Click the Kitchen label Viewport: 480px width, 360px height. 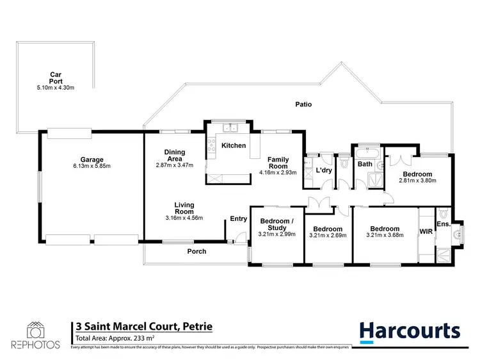[x=234, y=145]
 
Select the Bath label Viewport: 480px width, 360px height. [x=365, y=165]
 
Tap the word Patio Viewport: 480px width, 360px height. [x=303, y=104]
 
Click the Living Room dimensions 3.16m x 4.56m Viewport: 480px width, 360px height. [x=184, y=218]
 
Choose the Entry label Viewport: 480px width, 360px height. [x=239, y=219]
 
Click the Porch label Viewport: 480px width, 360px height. [x=196, y=251]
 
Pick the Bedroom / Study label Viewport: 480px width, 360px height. [x=277, y=224]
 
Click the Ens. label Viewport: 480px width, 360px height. [x=444, y=224]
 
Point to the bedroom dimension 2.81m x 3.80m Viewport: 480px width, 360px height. [x=417, y=181]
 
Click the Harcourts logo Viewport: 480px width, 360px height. [x=409, y=331]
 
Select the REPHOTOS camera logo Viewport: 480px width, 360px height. [x=35, y=330]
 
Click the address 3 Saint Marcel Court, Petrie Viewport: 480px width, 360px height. [x=143, y=327]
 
